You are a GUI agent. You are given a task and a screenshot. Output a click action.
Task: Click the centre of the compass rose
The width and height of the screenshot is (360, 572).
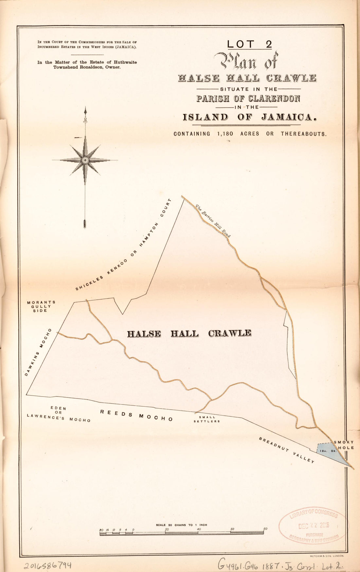click(85, 160)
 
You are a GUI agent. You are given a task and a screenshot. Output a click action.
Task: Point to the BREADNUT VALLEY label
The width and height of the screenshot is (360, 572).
click(287, 450)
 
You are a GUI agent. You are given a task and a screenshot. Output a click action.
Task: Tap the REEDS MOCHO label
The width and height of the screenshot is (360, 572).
click(136, 415)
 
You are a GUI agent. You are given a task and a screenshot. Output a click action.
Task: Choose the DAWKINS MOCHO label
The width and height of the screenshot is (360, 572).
click(38, 352)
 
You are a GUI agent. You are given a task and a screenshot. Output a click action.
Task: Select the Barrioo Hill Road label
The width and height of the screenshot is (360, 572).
click(213, 221)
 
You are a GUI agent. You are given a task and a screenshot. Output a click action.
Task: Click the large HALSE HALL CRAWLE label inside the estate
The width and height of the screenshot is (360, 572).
click(189, 334)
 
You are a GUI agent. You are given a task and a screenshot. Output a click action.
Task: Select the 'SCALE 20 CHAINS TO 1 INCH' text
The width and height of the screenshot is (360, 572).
click(181, 525)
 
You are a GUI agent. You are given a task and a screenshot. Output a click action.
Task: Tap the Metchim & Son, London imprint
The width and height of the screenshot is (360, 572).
click(325, 556)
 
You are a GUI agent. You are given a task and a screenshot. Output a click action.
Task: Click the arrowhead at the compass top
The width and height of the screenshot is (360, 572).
click(85, 110)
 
